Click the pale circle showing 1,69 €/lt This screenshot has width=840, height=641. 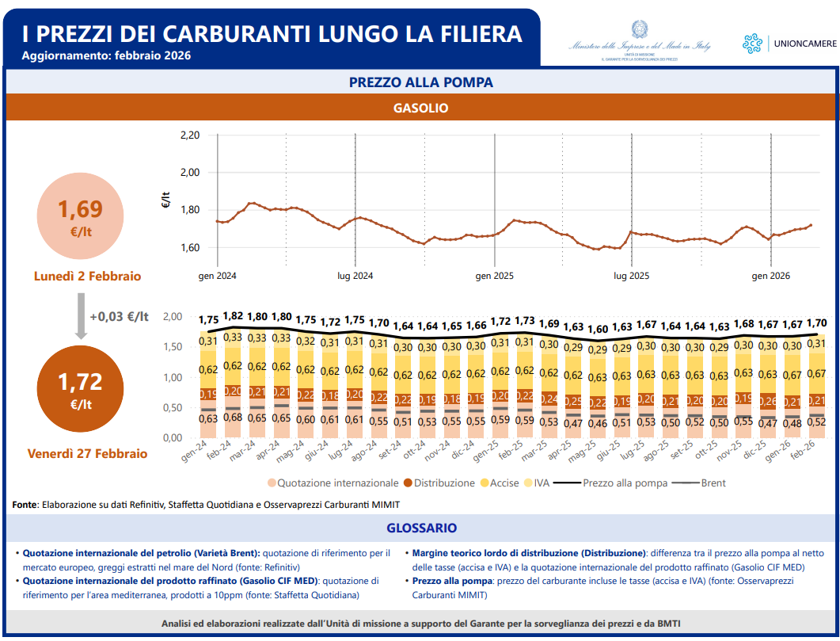pos(80,216)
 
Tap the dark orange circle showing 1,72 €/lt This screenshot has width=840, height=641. pos(80,388)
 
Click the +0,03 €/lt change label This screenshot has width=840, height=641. pos(119,316)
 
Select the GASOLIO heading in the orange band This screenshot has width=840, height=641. pos(420,108)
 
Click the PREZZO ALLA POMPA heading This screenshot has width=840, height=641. pos(420,82)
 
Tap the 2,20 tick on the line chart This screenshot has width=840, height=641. pos(189,135)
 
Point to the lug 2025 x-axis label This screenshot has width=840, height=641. pos(631,276)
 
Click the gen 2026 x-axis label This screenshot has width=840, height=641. pos(770,276)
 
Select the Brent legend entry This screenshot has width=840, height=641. pos(712,483)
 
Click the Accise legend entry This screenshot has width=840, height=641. pos(504,483)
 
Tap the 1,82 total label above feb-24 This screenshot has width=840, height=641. pos(234,316)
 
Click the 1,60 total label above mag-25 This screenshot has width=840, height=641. pos(598,328)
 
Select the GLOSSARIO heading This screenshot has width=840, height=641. pos(420,528)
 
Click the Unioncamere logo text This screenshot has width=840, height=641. pos(803,44)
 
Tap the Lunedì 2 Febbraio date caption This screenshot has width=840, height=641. pos(87,276)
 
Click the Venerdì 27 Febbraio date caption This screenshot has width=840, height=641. pos(87,454)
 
